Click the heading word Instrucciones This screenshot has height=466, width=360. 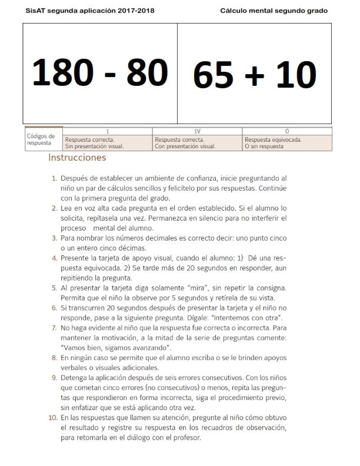coord(77,158)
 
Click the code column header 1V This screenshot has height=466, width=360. coord(197,131)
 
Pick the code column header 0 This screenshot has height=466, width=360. coord(287,131)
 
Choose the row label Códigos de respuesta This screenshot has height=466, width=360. coord(41,139)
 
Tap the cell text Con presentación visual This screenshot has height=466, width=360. coord(182,146)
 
